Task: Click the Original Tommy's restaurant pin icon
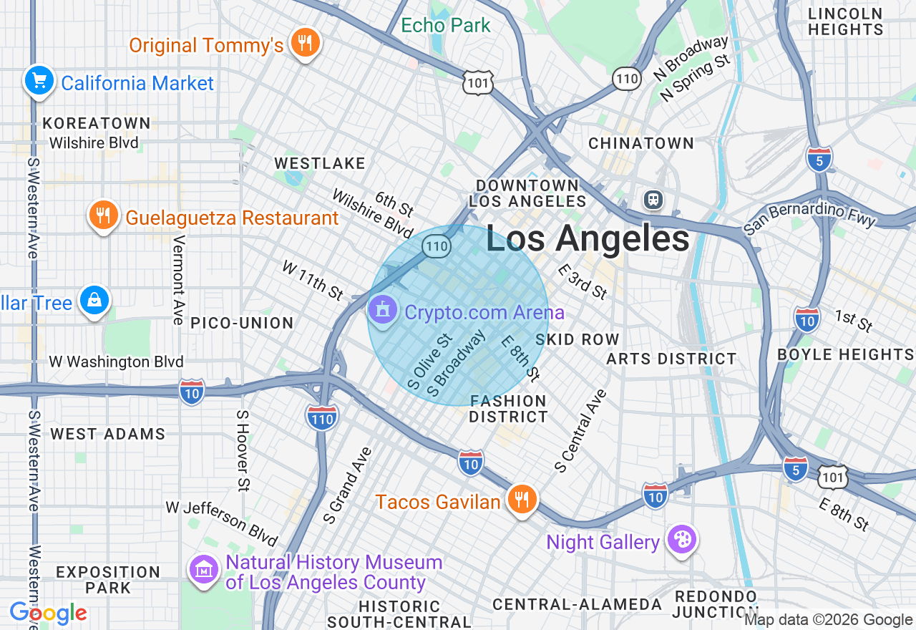(306, 44)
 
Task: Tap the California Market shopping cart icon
(39, 80)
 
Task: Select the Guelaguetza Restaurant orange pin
(104, 215)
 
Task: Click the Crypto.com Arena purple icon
(384, 310)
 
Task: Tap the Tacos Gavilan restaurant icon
(522, 500)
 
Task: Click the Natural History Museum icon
(205, 569)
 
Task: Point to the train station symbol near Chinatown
(653, 200)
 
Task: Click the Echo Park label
(445, 25)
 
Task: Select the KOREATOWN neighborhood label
(97, 123)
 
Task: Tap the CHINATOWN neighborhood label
(641, 143)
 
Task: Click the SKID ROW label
(578, 339)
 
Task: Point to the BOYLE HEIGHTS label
(845, 354)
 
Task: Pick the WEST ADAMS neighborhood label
(108, 434)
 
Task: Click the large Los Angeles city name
(588, 238)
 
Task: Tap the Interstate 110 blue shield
(321, 417)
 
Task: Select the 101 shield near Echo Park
(477, 82)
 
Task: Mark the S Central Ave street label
(580, 431)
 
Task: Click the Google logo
(49, 613)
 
